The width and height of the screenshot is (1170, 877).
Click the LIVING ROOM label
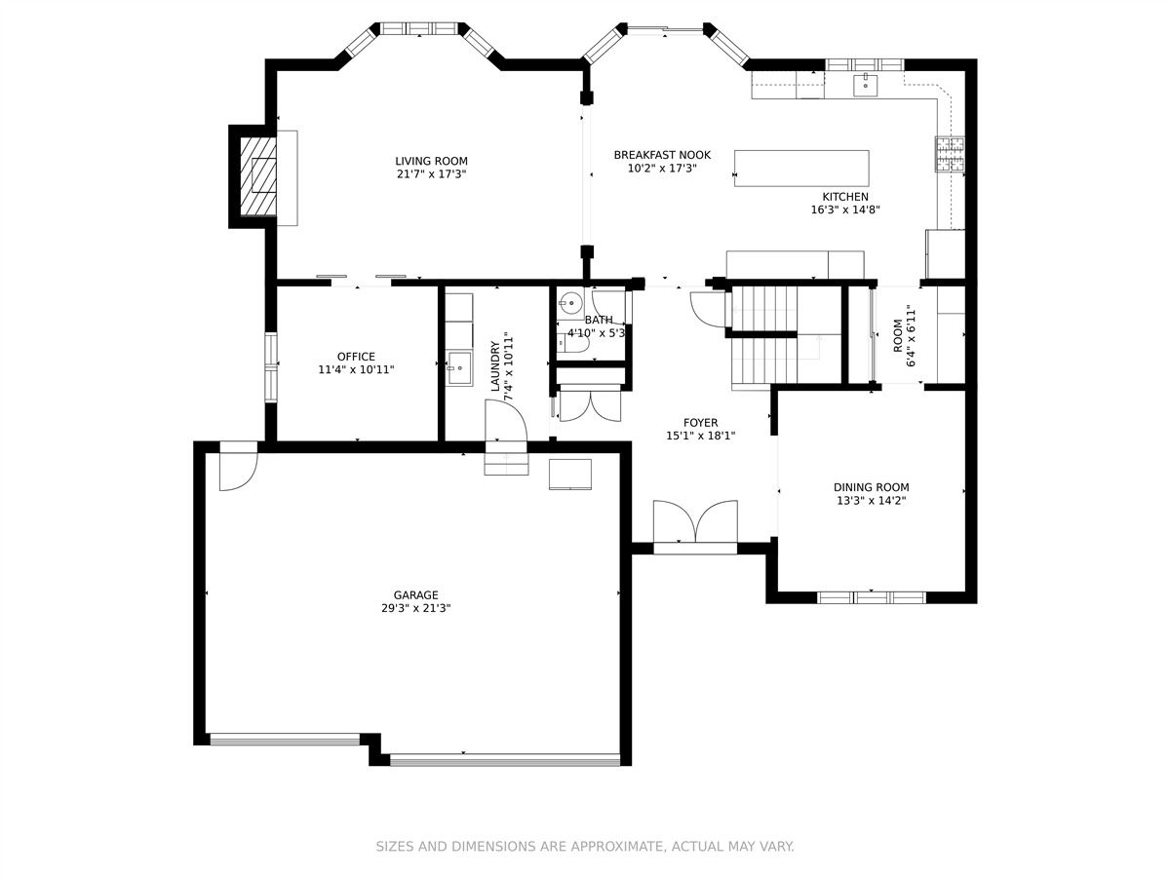point(431,161)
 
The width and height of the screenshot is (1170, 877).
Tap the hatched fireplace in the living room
point(258,176)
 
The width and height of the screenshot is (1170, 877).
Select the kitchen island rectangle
point(801,169)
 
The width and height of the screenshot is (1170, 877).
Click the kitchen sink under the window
point(866,85)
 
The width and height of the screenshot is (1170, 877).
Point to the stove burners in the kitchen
point(950,154)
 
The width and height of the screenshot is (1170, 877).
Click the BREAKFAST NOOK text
point(662,155)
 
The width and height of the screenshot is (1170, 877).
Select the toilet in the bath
point(572,344)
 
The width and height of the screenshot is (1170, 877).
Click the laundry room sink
point(459,368)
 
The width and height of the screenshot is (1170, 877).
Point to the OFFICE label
point(356,357)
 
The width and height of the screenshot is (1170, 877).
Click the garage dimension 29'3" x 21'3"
point(415,608)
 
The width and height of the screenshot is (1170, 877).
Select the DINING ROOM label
point(872,487)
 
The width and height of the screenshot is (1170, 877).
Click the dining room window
point(872,597)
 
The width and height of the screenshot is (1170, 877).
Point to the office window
point(271,367)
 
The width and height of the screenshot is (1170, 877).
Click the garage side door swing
point(238,472)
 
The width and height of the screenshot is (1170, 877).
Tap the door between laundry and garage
point(506,421)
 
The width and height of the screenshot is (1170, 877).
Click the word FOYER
point(700,423)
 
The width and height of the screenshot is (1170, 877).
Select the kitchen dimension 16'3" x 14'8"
point(845,210)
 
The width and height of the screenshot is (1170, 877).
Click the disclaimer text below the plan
point(585,846)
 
